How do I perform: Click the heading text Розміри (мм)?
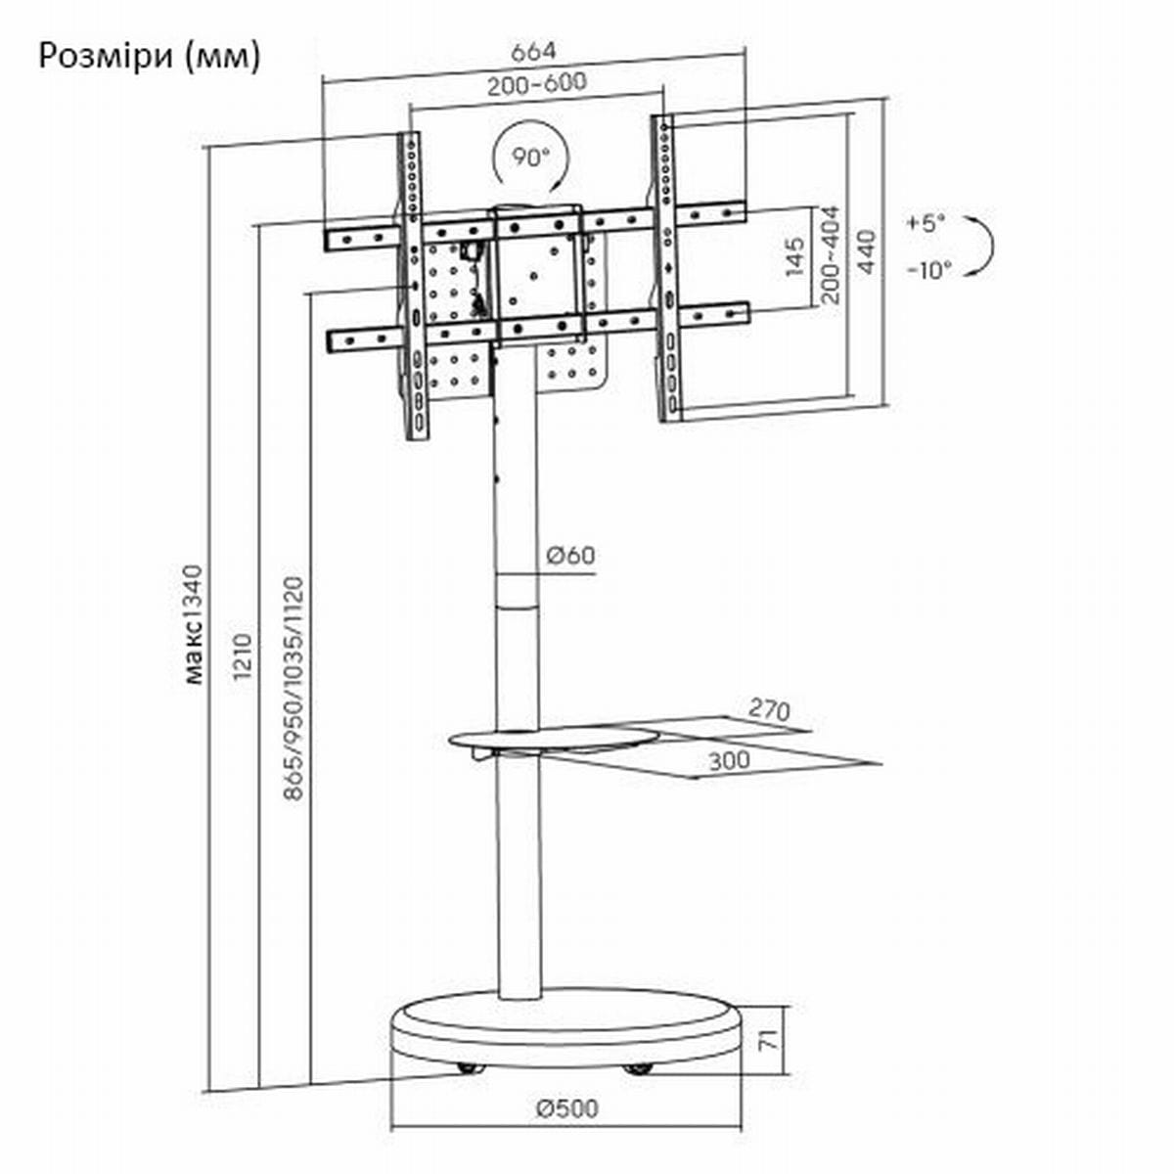(150, 58)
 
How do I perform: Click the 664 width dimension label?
(534, 53)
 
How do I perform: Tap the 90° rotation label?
(530, 158)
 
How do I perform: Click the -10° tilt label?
(929, 269)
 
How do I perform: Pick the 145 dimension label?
(795, 256)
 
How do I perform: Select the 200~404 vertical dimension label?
(830, 256)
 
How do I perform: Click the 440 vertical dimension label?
(866, 251)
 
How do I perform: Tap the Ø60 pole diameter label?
(570, 556)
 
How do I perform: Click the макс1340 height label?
(193, 624)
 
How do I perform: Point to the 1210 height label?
(242, 656)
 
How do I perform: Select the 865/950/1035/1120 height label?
(293, 688)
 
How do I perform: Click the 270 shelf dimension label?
(769, 709)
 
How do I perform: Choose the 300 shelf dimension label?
(730, 761)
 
